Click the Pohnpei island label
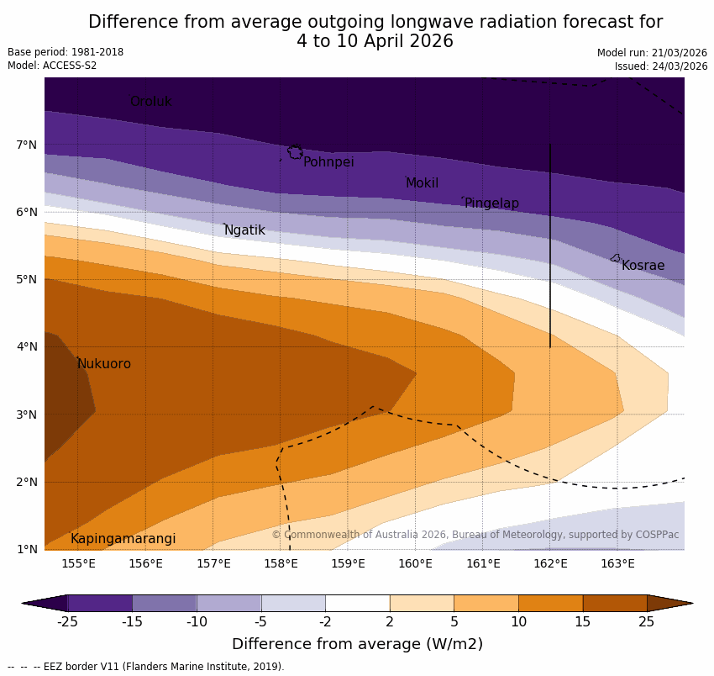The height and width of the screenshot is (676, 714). coord(328,162)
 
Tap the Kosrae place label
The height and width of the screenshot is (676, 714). coord(643,266)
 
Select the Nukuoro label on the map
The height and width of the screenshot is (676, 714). coord(104,364)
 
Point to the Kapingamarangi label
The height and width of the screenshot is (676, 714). coord(123,539)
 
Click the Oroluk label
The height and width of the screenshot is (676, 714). coord(150,102)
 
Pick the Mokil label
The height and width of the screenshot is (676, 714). coord(422,183)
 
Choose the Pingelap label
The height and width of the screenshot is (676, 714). coord(491,203)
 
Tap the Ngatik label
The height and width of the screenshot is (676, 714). coord(244,230)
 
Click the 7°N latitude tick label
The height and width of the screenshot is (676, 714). coord(27,145)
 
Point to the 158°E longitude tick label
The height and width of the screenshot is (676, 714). coord(281,563)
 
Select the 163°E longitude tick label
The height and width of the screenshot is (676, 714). coord(617,563)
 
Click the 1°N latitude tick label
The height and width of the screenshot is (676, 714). coord(27,550)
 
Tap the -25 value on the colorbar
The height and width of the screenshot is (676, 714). coord(67,622)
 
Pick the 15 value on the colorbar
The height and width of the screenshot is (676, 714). coord(583,622)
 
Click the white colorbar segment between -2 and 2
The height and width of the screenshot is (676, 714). coord(357,603)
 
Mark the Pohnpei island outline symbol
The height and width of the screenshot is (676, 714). coord(295,152)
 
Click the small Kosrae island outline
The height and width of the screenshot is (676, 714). coord(615,258)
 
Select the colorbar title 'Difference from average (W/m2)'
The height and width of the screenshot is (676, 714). coord(357,645)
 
